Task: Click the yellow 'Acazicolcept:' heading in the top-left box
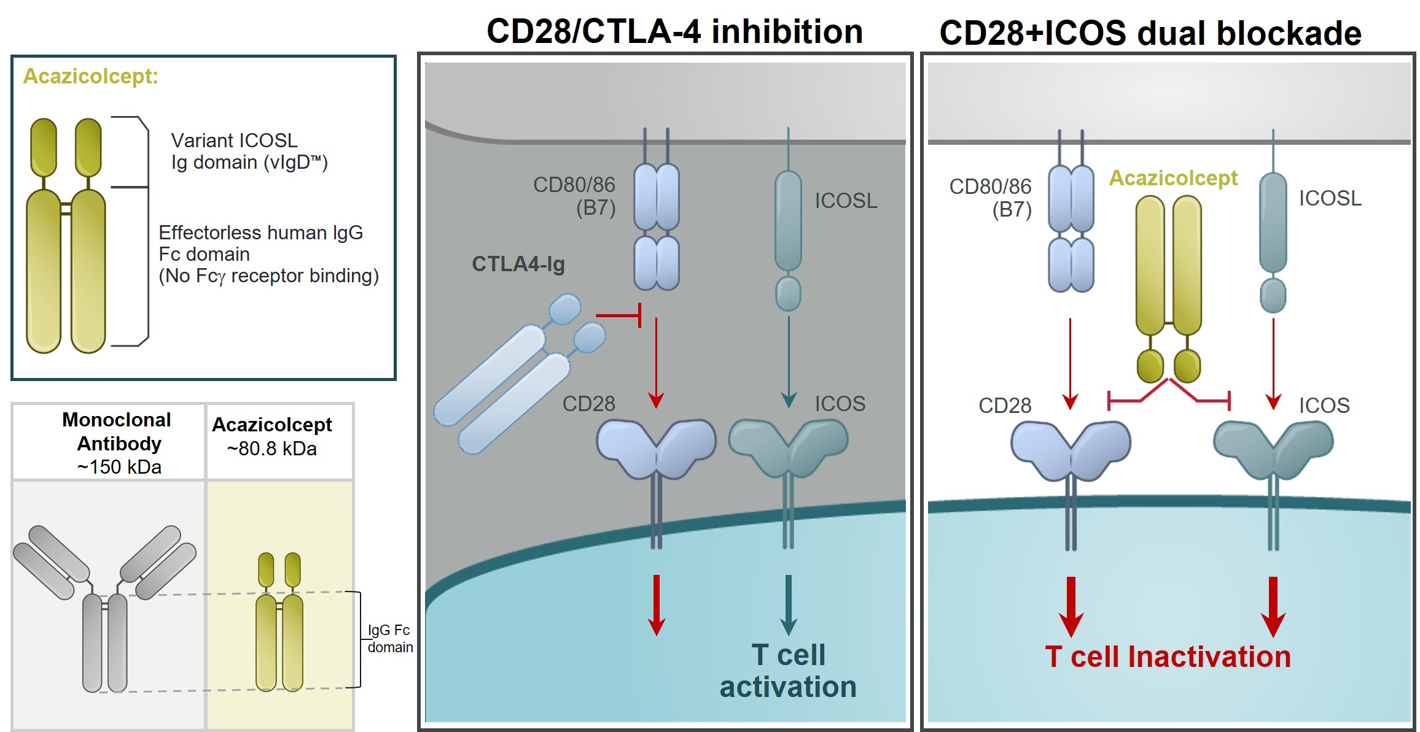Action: pyautogui.click(x=90, y=76)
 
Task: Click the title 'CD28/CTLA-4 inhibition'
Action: pyautogui.click(x=674, y=31)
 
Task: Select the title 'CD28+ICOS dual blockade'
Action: pyautogui.click(x=1150, y=33)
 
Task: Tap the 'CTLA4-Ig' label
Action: pyautogui.click(x=518, y=264)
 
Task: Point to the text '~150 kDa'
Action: pyautogui.click(x=119, y=467)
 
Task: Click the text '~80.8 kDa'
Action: pyautogui.click(x=271, y=449)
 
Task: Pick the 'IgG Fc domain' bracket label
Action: pyautogui.click(x=389, y=638)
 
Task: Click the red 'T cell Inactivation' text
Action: pyautogui.click(x=1168, y=657)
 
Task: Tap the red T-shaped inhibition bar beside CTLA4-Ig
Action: pyautogui.click(x=620, y=315)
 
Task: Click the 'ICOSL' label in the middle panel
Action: pyautogui.click(x=846, y=201)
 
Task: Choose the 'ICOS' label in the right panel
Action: pyautogui.click(x=1324, y=406)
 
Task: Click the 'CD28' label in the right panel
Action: pyautogui.click(x=1004, y=406)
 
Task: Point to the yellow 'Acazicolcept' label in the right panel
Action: pyautogui.click(x=1172, y=178)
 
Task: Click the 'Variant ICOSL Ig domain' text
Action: pyautogui.click(x=249, y=152)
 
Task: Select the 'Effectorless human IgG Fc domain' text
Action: pyautogui.click(x=268, y=254)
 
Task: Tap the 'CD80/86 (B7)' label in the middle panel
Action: pyautogui.click(x=574, y=196)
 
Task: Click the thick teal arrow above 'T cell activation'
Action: pyautogui.click(x=788, y=604)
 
